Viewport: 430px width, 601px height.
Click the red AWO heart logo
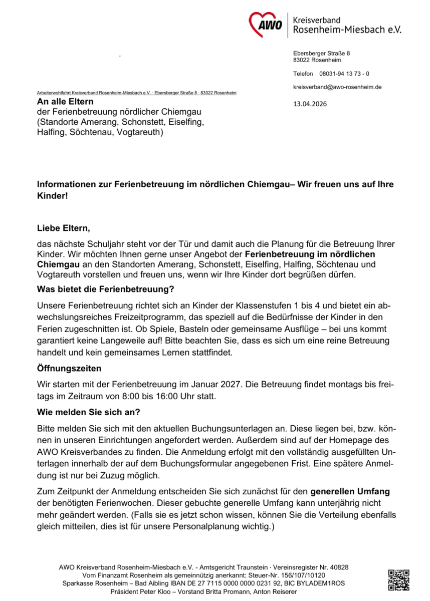click(x=266, y=23)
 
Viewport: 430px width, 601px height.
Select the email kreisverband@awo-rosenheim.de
click(x=337, y=87)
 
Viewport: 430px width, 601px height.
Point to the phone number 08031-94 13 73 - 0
click(x=344, y=74)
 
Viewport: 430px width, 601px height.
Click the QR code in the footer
click(x=398, y=580)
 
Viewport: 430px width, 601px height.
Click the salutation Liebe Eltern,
click(x=64, y=229)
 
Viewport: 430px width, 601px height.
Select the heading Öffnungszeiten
click(x=69, y=368)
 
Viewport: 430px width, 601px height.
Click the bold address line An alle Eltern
click(x=66, y=102)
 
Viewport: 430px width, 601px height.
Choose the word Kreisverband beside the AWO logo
click(x=317, y=21)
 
